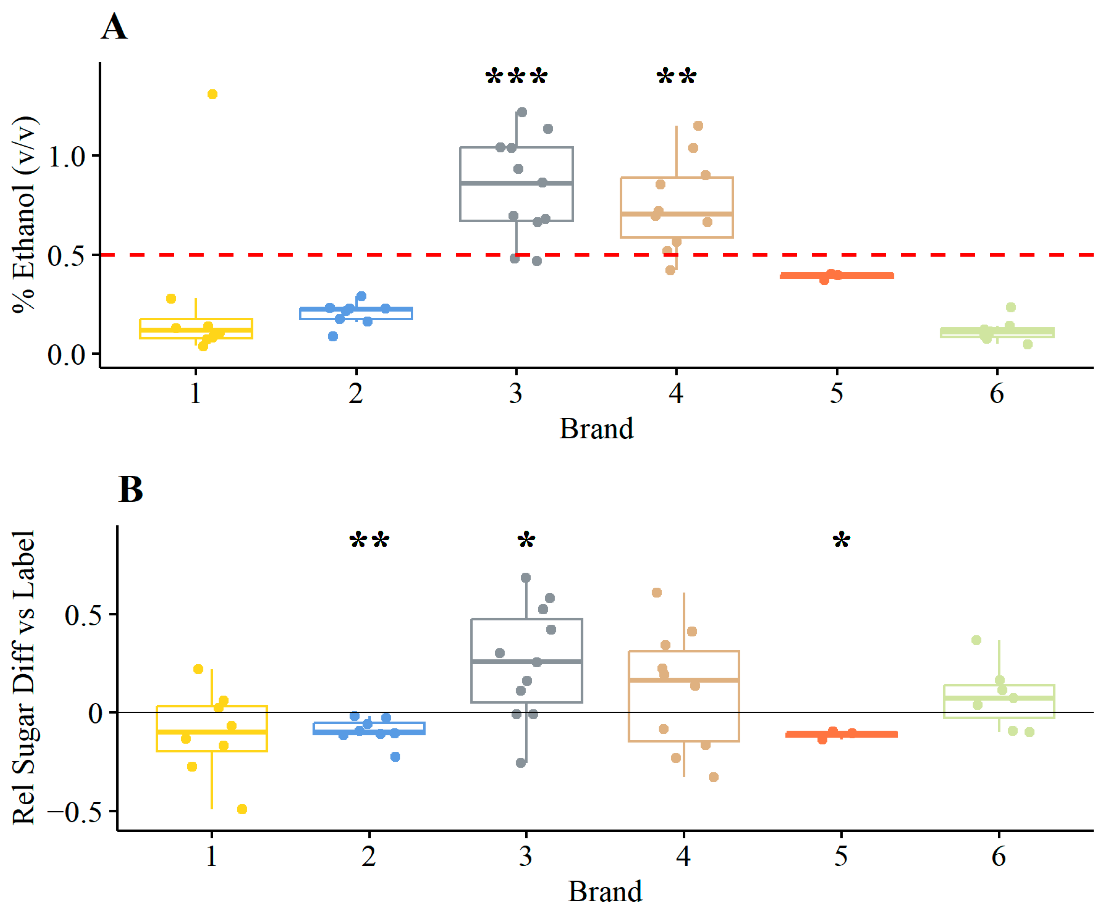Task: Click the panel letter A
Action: point(115,27)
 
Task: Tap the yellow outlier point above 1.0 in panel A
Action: point(212,94)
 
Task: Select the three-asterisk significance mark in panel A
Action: point(516,77)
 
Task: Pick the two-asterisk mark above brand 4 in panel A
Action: point(676,77)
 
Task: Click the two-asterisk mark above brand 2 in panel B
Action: point(370,541)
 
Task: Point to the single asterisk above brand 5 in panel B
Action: point(841,541)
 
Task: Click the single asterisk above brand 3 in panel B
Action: point(526,541)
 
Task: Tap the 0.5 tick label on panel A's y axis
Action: point(67,256)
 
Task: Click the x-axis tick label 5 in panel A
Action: point(837,394)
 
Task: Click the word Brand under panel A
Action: point(596,429)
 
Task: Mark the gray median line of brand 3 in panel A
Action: point(516,183)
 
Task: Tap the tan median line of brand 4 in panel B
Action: point(684,680)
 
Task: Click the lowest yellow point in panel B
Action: point(242,809)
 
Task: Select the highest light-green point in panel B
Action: point(976,640)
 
